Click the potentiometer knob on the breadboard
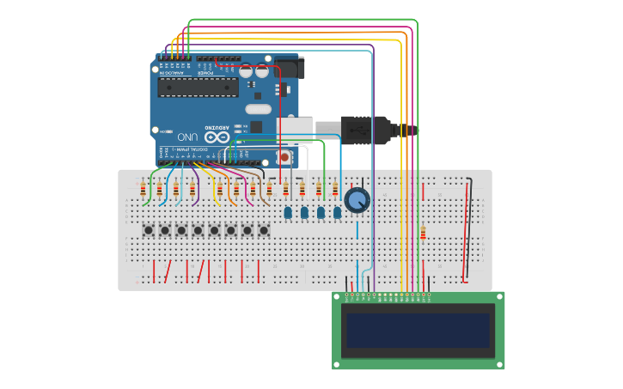click(357, 201)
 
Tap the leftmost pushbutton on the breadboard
click(149, 230)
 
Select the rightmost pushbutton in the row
click(264, 230)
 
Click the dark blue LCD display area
click(417, 330)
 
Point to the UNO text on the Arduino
click(187, 137)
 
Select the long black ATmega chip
click(198, 87)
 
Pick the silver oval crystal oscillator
click(258, 109)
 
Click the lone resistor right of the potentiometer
click(423, 232)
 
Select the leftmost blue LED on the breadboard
click(289, 211)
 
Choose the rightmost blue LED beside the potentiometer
click(337, 211)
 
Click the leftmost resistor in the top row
click(143, 190)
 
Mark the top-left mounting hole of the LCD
click(338, 296)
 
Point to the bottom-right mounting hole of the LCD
click(499, 364)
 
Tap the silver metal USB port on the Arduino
click(296, 130)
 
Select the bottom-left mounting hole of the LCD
click(338, 364)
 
